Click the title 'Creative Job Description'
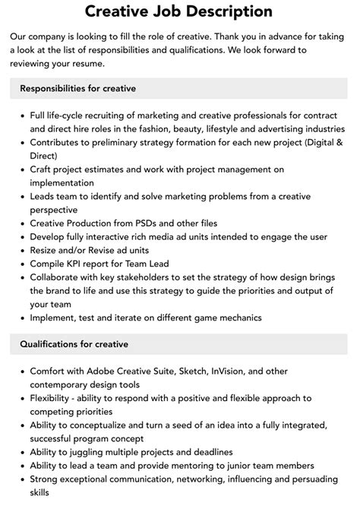[179, 11]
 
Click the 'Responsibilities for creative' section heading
[78, 89]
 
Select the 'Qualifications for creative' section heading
[74, 344]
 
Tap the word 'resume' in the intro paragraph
[93, 64]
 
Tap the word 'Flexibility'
[53, 398]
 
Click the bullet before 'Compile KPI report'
[21, 264]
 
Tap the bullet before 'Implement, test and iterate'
[21, 318]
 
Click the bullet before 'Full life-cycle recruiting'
[21, 115]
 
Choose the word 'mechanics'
[237, 318]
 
